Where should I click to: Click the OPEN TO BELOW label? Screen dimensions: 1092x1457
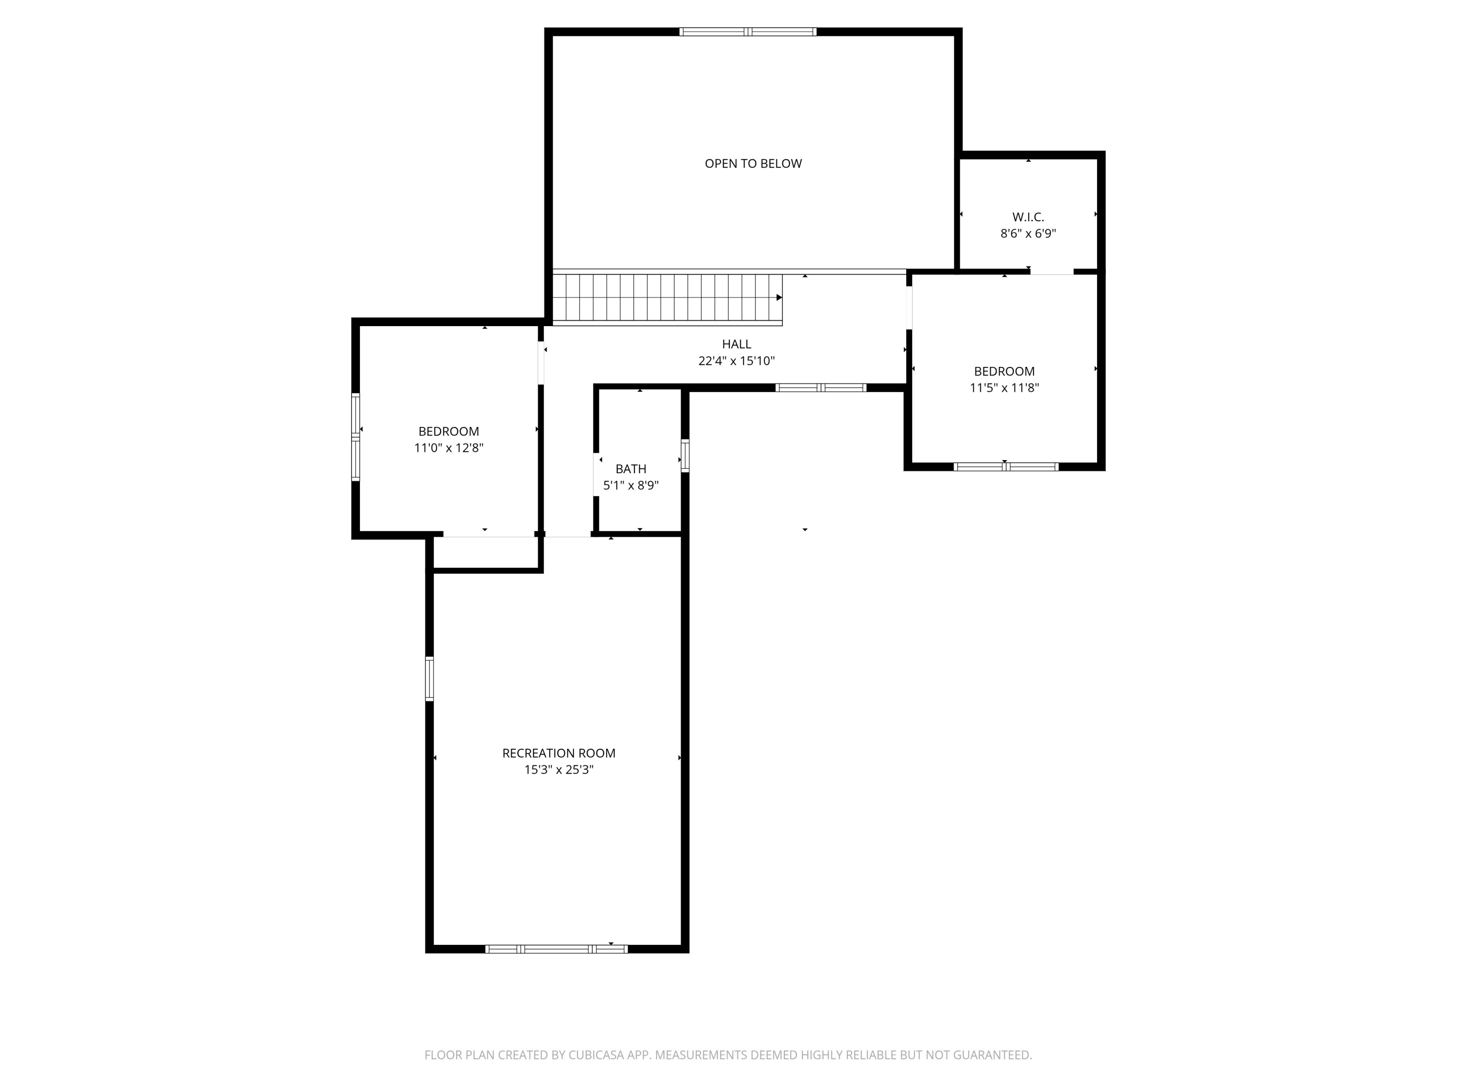tap(753, 163)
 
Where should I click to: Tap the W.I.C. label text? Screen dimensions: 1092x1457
tap(1028, 216)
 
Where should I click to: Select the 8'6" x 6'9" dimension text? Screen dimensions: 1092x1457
tap(1028, 233)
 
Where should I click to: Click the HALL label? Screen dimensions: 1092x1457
tap(736, 344)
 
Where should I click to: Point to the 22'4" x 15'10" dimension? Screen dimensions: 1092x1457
tap(736, 361)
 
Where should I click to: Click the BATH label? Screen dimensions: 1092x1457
tap(630, 469)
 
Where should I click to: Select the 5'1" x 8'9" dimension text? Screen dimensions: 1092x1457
tap(630, 486)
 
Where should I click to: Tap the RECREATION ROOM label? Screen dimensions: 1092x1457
tap(559, 753)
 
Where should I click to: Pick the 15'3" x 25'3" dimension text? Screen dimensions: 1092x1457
tap(559, 769)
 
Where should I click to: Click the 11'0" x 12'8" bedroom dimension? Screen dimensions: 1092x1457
tap(449, 447)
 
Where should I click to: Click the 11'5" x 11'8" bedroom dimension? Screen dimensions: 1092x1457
tap(1004, 388)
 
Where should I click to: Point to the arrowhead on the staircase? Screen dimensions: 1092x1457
tap(779, 298)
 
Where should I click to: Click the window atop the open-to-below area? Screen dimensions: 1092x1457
tap(747, 32)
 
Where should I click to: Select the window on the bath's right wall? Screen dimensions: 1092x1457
tap(685, 456)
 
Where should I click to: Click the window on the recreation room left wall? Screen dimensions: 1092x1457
tap(429, 678)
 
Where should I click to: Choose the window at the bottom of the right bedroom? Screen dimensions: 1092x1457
tap(1006, 467)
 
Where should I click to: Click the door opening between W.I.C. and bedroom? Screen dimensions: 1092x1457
tap(1051, 271)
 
